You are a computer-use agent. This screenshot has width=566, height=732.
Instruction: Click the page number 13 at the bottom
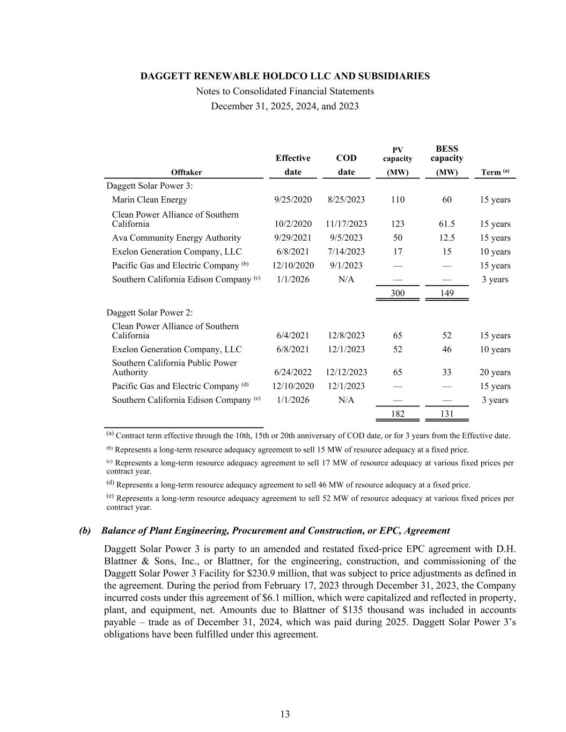coord(285,714)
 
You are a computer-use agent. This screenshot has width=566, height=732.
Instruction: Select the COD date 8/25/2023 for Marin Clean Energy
coord(346,199)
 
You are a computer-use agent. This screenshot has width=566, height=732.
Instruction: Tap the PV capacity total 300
coord(398,293)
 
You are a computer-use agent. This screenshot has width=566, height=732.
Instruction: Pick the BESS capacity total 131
coord(446,413)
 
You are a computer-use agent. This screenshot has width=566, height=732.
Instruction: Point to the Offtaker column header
coord(186,172)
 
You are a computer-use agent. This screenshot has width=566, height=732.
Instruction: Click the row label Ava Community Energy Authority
coord(177,238)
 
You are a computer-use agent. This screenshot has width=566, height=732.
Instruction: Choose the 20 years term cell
coord(495,372)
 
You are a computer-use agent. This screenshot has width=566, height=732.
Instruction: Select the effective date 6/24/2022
coord(293,372)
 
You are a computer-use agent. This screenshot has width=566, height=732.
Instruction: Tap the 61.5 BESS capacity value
coord(446,224)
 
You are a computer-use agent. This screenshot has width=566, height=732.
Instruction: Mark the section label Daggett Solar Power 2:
coord(150,313)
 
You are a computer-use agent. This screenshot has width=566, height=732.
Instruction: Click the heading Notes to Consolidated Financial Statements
coord(285,91)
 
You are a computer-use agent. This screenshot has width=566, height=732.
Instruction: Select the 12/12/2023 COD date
coord(346,372)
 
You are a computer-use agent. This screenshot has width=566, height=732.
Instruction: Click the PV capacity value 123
coord(398,224)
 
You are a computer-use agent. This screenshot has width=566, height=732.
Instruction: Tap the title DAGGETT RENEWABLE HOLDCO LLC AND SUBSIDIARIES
coord(285,76)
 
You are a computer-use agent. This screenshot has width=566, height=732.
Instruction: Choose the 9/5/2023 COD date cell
coord(346,238)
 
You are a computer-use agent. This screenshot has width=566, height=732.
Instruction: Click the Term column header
coord(494,172)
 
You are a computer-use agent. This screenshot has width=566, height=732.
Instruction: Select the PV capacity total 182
coord(398,413)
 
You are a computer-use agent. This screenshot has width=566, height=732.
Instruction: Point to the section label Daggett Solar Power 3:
coord(150,186)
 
